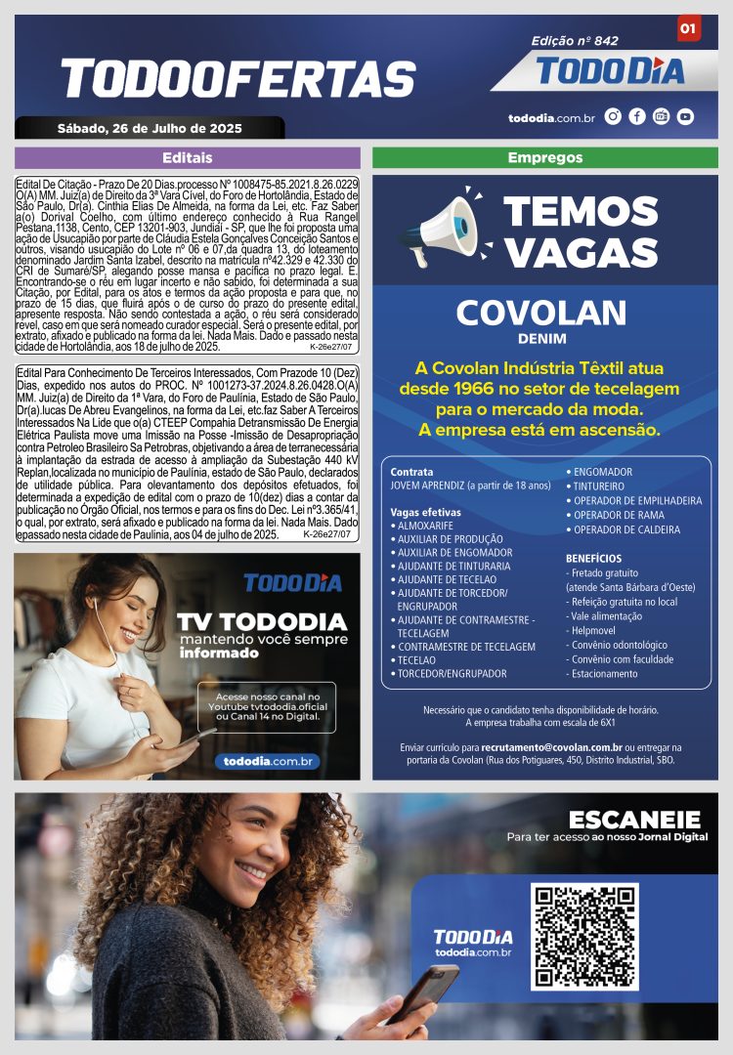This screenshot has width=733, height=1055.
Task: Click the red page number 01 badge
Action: pos(688,29)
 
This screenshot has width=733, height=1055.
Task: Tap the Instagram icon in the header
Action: pos(614,116)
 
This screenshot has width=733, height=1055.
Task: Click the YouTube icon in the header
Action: pos(685,116)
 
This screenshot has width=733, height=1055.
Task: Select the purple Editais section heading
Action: pos(187,157)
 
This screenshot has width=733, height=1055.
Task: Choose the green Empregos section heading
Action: pos(545,157)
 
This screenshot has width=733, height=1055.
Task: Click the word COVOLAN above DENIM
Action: pos(540,313)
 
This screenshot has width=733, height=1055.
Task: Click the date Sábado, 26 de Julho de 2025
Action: pos(150,128)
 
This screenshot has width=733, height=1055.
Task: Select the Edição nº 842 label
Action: pos(575,41)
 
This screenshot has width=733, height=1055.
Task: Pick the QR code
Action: pos(584,935)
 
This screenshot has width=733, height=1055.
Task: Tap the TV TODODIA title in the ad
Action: pos(261,622)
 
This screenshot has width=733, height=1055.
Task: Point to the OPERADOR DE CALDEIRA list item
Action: pos(626,529)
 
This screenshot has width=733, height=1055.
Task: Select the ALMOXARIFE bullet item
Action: pos(425,526)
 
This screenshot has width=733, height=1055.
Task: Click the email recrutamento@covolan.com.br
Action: pos(552,747)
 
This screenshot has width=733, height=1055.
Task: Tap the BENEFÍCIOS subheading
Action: pos(593,559)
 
